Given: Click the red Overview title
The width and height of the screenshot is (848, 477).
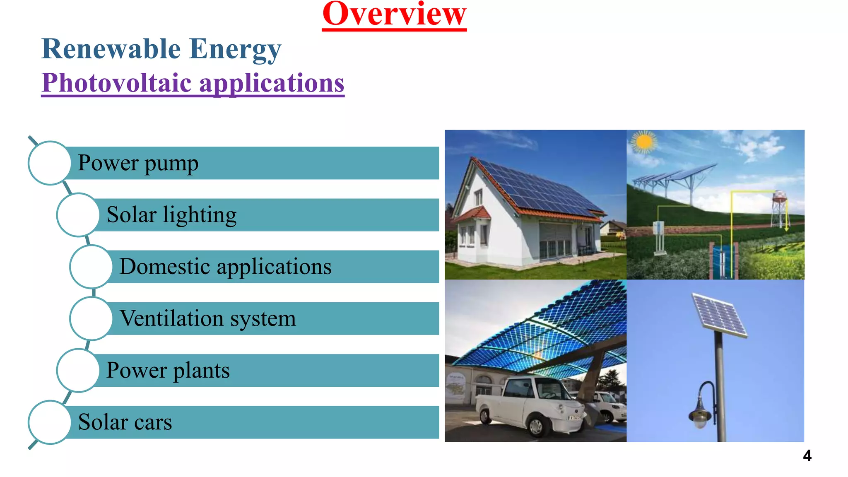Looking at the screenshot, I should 394,15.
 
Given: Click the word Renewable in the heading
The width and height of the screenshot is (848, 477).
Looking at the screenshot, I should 111,49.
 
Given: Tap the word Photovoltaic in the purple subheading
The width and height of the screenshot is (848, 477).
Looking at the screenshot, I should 117,83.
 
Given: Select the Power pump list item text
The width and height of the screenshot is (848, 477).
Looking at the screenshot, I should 138,163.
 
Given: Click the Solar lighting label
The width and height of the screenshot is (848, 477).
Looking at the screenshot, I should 171,215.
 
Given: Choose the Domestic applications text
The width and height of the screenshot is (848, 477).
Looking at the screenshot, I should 225,267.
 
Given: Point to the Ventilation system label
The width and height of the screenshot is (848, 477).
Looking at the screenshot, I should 207,318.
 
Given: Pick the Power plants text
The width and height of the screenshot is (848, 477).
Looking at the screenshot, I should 168,370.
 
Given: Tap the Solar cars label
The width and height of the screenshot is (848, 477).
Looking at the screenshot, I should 125,422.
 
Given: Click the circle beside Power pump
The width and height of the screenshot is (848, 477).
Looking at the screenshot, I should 50,163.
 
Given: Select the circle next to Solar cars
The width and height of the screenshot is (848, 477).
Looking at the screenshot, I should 50,422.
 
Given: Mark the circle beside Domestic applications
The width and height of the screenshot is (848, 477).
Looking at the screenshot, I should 91,267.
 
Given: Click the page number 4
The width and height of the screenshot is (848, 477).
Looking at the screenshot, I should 807,456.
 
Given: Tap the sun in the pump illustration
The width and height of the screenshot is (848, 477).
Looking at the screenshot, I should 644,142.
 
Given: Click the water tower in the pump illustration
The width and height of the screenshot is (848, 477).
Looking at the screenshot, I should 779,205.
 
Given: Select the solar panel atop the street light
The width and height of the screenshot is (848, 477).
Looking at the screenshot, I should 720,315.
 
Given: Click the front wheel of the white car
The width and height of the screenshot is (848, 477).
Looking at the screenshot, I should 537,426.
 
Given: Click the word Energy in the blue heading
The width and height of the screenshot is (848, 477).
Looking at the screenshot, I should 235,49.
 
